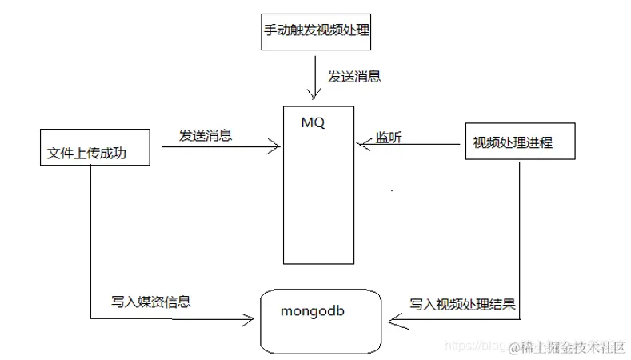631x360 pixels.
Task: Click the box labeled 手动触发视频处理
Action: click(x=317, y=32)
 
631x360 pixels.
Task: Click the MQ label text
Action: click(x=314, y=124)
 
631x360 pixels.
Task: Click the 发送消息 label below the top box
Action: click(x=354, y=78)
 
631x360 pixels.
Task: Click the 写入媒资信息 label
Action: click(x=151, y=303)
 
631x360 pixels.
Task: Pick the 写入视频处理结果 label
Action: click(x=462, y=305)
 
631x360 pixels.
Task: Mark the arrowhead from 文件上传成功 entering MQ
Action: click(x=274, y=146)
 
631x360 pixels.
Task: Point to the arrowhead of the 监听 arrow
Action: click(x=362, y=145)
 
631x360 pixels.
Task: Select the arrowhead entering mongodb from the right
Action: click(x=393, y=322)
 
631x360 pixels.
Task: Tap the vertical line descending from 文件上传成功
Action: click(x=90, y=240)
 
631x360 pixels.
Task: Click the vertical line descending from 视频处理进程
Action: click(x=521, y=240)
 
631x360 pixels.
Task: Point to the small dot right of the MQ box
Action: click(x=391, y=190)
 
